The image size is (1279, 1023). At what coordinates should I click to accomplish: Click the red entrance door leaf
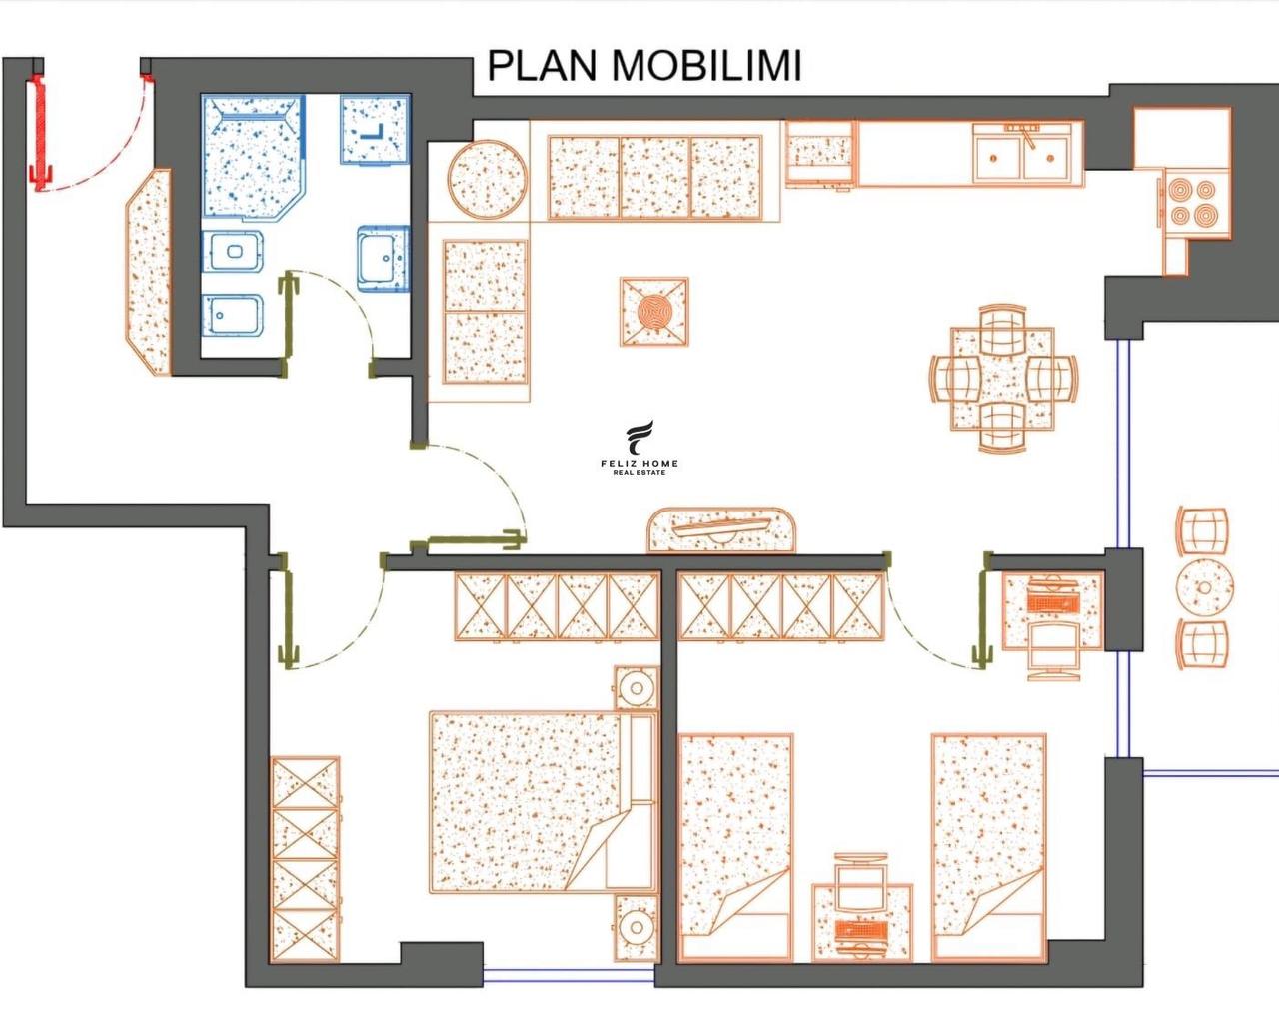pos(39,132)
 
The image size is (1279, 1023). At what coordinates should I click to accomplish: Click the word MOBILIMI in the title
pos(706,65)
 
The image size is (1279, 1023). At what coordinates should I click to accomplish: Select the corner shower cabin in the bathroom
pos(253,158)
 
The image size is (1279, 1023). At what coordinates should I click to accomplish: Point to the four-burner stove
pos(1196,203)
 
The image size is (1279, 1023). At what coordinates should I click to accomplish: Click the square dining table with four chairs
pos(1002,379)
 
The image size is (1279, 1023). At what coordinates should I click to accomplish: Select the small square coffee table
pos(654,312)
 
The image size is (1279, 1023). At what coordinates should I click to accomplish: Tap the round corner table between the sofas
pos(488,179)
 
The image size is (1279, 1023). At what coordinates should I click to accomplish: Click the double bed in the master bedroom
pos(544,802)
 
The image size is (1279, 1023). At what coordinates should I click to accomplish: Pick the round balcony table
pos(1205,588)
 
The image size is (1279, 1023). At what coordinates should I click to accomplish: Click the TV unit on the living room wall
pos(721,530)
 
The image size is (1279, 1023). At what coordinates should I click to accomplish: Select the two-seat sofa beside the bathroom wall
pos(485,312)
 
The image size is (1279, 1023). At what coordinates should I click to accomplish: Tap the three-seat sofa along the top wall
pos(654,178)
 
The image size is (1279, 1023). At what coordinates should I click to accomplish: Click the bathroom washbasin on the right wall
pos(384,259)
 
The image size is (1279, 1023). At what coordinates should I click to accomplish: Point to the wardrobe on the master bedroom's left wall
pos(306,859)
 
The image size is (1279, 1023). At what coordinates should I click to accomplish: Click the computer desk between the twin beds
pos(862,921)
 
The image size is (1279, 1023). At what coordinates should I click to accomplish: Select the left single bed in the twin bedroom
pos(735,847)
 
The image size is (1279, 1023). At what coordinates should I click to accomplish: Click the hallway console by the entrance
pos(149,273)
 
